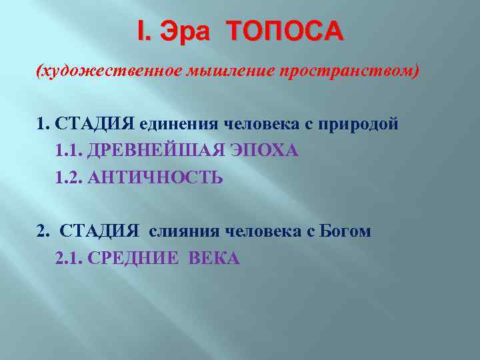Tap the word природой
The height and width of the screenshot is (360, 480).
(360, 124)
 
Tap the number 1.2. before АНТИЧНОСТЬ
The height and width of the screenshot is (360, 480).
(69, 178)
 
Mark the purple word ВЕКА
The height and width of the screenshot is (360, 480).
(214, 258)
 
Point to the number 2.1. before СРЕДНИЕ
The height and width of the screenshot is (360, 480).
(69, 258)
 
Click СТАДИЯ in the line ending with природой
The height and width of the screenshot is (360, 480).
(95, 124)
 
